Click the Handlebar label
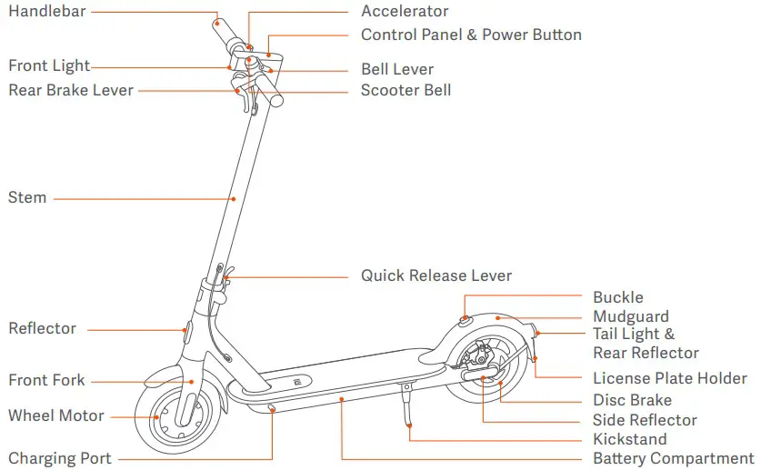coord(46,12)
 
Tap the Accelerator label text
coord(405,12)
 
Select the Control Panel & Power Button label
coord(471,35)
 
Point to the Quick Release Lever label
coord(436,275)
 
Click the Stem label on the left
coord(27,197)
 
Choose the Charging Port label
coord(60,458)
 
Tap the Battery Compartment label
coord(673,459)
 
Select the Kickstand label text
coord(629,440)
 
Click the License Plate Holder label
coord(669,378)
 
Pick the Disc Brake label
coord(632,400)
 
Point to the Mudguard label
coord(630,317)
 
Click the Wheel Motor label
coord(56,416)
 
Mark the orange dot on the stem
coord(234,198)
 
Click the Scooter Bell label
coord(406,91)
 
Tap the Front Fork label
coord(46,380)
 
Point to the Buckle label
coord(617,297)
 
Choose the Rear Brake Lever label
coord(71,90)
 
